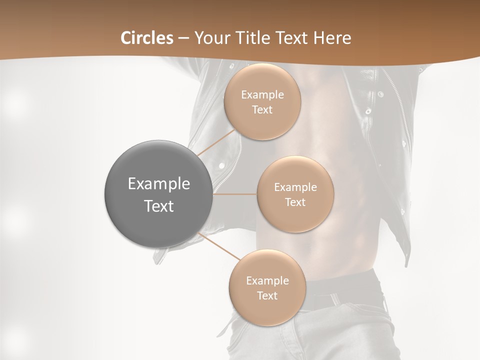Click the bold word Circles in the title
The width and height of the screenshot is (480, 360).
coord(146,38)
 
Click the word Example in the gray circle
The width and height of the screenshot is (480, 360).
coord(159,184)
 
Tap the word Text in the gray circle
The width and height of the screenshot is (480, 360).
coord(159,206)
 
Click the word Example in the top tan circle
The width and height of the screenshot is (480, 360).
coord(262,95)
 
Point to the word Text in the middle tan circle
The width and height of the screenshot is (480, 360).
coord(295,202)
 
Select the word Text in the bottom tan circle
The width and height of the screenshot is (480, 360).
coord(267,295)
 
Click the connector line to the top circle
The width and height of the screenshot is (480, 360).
coord(216,142)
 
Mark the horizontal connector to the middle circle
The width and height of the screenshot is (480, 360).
coord(234,194)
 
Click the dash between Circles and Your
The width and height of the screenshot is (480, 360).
coord(183,38)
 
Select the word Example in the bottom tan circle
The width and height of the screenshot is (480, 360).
coord(267,280)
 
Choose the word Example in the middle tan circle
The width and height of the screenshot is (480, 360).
coord(295,187)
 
